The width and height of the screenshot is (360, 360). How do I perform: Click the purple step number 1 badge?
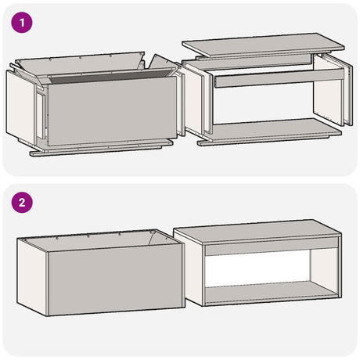[24, 23]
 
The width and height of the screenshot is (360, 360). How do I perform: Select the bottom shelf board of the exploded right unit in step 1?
[270, 131]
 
